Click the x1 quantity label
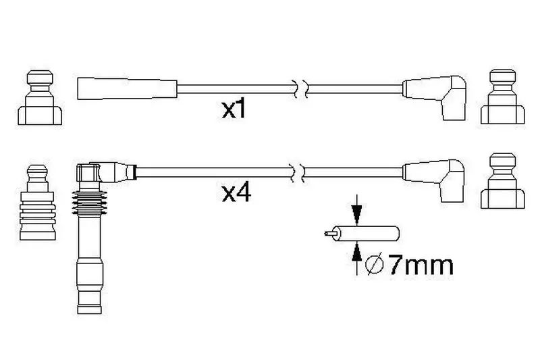tap(234, 109)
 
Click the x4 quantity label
tap(236, 193)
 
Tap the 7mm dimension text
tap(421, 265)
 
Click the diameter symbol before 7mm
tap(375, 265)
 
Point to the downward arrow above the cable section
tap(357, 210)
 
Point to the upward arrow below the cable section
tap(357, 258)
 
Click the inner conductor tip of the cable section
tap(327, 234)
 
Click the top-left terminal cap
tap(40, 97)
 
